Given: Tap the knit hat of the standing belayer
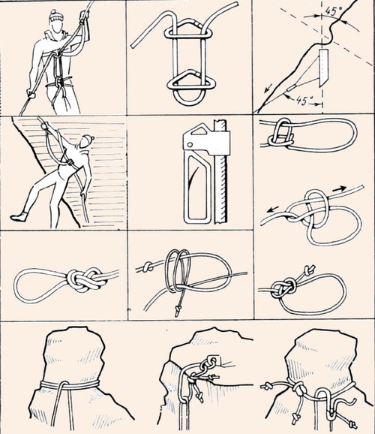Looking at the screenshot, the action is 55,16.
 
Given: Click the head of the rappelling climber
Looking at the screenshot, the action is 85,142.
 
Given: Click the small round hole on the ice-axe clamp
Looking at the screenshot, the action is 190,144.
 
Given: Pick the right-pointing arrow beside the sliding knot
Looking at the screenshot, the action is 339,189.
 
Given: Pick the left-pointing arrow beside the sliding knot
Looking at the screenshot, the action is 274,209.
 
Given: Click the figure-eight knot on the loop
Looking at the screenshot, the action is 86,279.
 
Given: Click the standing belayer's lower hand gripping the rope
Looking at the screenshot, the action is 31,93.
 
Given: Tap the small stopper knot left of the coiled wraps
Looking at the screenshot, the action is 148,267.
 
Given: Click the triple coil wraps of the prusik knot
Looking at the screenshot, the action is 178,271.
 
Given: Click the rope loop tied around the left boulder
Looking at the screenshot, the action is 70,384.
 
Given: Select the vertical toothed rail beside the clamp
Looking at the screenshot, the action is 220,172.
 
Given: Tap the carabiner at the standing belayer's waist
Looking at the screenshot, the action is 58,82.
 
